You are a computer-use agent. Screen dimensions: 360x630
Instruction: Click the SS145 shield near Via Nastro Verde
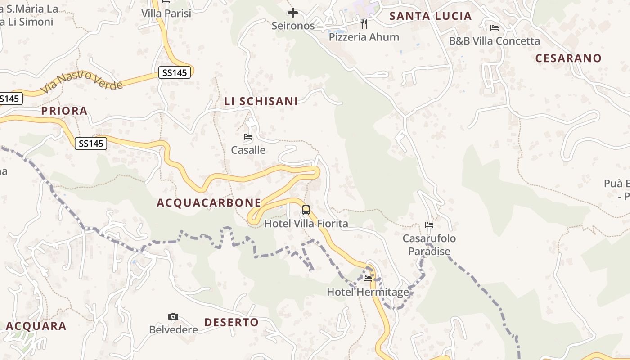pos(175,72)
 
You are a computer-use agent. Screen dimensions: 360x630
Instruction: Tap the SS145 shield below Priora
pos(91,144)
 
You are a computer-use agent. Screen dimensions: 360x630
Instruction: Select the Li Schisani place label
pos(261,101)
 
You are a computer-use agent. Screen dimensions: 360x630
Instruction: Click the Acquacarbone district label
pos(209,203)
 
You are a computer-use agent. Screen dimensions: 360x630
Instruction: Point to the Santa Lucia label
pos(430,16)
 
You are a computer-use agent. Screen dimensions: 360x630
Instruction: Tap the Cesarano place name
pos(568,58)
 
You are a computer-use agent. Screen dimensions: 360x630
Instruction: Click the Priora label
pos(64,111)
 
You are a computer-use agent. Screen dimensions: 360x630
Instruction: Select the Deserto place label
pos(231,322)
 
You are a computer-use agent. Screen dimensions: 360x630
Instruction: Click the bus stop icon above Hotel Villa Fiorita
pos(306,210)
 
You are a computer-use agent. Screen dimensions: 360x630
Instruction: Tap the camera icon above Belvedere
pos(173,317)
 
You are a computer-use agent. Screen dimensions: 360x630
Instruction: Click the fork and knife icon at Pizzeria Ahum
pos(364,23)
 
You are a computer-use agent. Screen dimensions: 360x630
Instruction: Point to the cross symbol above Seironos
pos(293,13)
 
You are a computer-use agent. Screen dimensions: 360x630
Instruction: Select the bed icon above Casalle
pos(248,137)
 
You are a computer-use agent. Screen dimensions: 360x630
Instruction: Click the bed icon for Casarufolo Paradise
pos(429,225)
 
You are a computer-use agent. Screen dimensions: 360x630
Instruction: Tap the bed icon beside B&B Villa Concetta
pos(495,28)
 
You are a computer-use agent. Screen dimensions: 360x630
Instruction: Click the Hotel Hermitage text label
pos(368,292)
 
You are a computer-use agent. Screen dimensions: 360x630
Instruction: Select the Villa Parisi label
pos(166,13)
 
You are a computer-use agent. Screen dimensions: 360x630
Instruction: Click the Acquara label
pos(36,326)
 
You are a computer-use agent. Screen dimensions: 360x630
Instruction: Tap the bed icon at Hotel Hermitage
pos(368,279)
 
